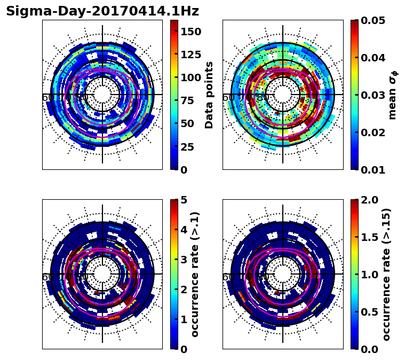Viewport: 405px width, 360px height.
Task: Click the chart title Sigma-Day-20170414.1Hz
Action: click(x=102, y=11)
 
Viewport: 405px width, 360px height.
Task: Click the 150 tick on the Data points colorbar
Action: click(x=190, y=32)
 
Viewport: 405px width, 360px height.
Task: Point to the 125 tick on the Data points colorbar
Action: click(x=190, y=54)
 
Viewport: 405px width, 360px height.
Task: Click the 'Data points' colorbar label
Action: click(x=209, y=95)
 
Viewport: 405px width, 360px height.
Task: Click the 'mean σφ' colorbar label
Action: click(x=392, y=95)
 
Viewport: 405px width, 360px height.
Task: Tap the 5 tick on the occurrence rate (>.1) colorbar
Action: click(x=184, y=200)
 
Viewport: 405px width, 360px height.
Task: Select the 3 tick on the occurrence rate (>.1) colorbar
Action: click(x=184, y=260)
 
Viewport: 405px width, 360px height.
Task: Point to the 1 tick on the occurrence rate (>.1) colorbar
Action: click(x=184, y=319)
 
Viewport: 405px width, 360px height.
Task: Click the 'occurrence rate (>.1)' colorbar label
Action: click(x=195, y=274)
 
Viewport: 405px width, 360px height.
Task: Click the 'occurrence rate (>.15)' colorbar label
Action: click(x=386, y=274)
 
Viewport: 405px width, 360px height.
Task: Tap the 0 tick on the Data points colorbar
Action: click(x=184, y=170)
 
